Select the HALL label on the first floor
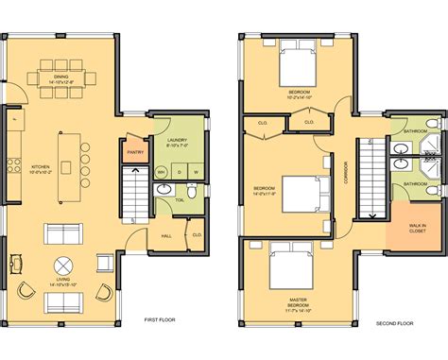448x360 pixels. [166, 235]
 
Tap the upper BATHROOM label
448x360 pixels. [417, 131]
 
